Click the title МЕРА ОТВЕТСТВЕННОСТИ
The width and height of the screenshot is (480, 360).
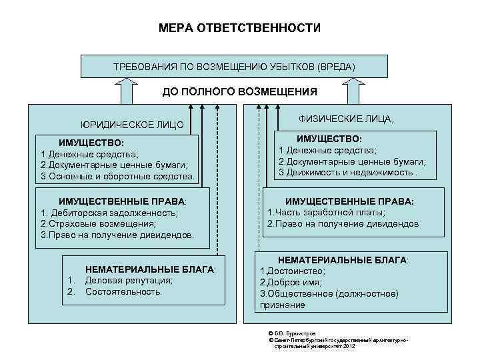239,29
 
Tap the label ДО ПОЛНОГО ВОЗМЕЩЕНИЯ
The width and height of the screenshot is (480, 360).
240,91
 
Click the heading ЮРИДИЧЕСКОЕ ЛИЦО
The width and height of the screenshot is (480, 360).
132,125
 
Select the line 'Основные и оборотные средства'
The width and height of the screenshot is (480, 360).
117,177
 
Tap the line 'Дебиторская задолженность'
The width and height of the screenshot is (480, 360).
109,213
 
